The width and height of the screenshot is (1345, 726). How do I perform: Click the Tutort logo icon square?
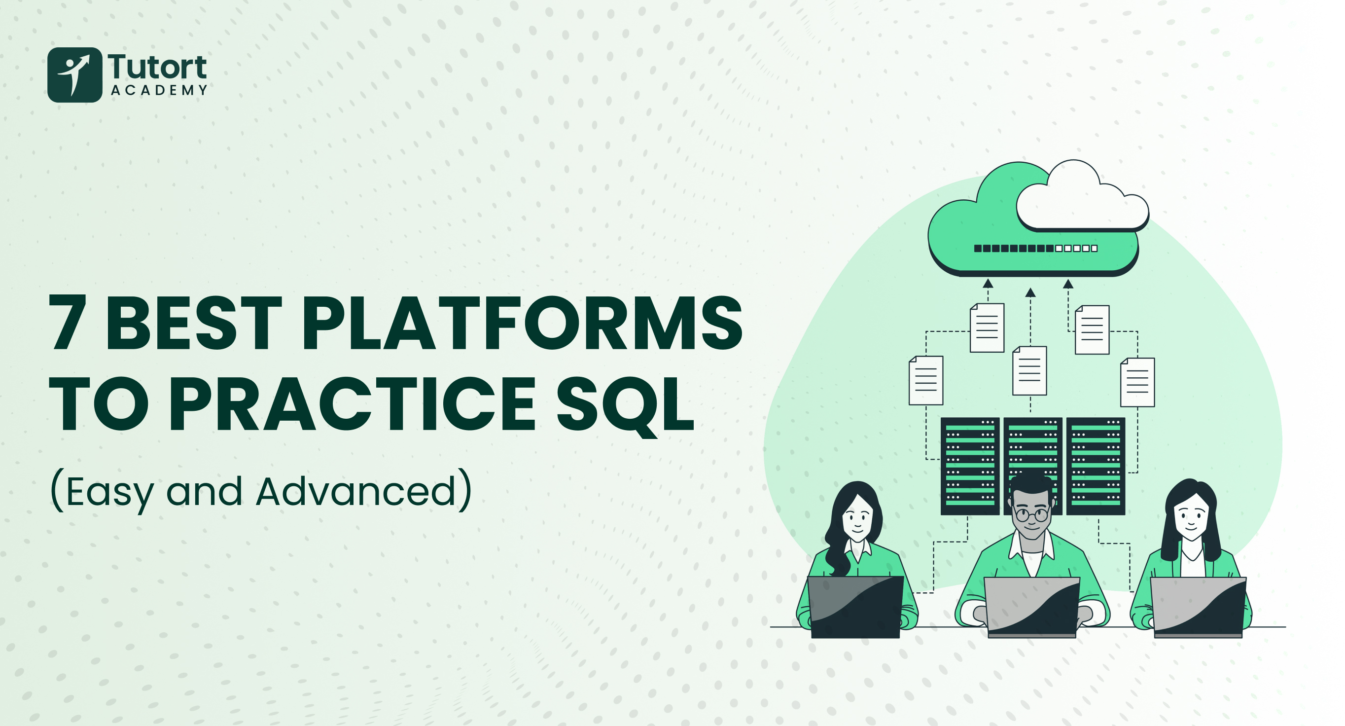point(74,74)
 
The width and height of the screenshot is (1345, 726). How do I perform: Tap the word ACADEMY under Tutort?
point(159,90)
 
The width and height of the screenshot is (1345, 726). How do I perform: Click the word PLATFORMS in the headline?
point(522,322)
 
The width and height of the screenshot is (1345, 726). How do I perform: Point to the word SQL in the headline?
point(626,405)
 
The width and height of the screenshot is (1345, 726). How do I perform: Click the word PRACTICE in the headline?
point(352,404)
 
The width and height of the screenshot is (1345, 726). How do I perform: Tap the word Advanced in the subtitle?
point(356,492)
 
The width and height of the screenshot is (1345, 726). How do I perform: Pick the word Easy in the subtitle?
point(110,494)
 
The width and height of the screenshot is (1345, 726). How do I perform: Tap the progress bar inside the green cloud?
point(1036,248)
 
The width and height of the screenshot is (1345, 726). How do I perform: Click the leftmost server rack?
point(970,467)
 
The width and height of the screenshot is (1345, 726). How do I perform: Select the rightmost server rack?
point(1096,467)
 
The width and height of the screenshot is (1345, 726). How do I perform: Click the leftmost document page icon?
point(926,380)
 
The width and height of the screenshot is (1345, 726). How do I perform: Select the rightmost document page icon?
point(1138,382)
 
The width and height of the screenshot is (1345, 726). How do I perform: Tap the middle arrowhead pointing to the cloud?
point(1030,292)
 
